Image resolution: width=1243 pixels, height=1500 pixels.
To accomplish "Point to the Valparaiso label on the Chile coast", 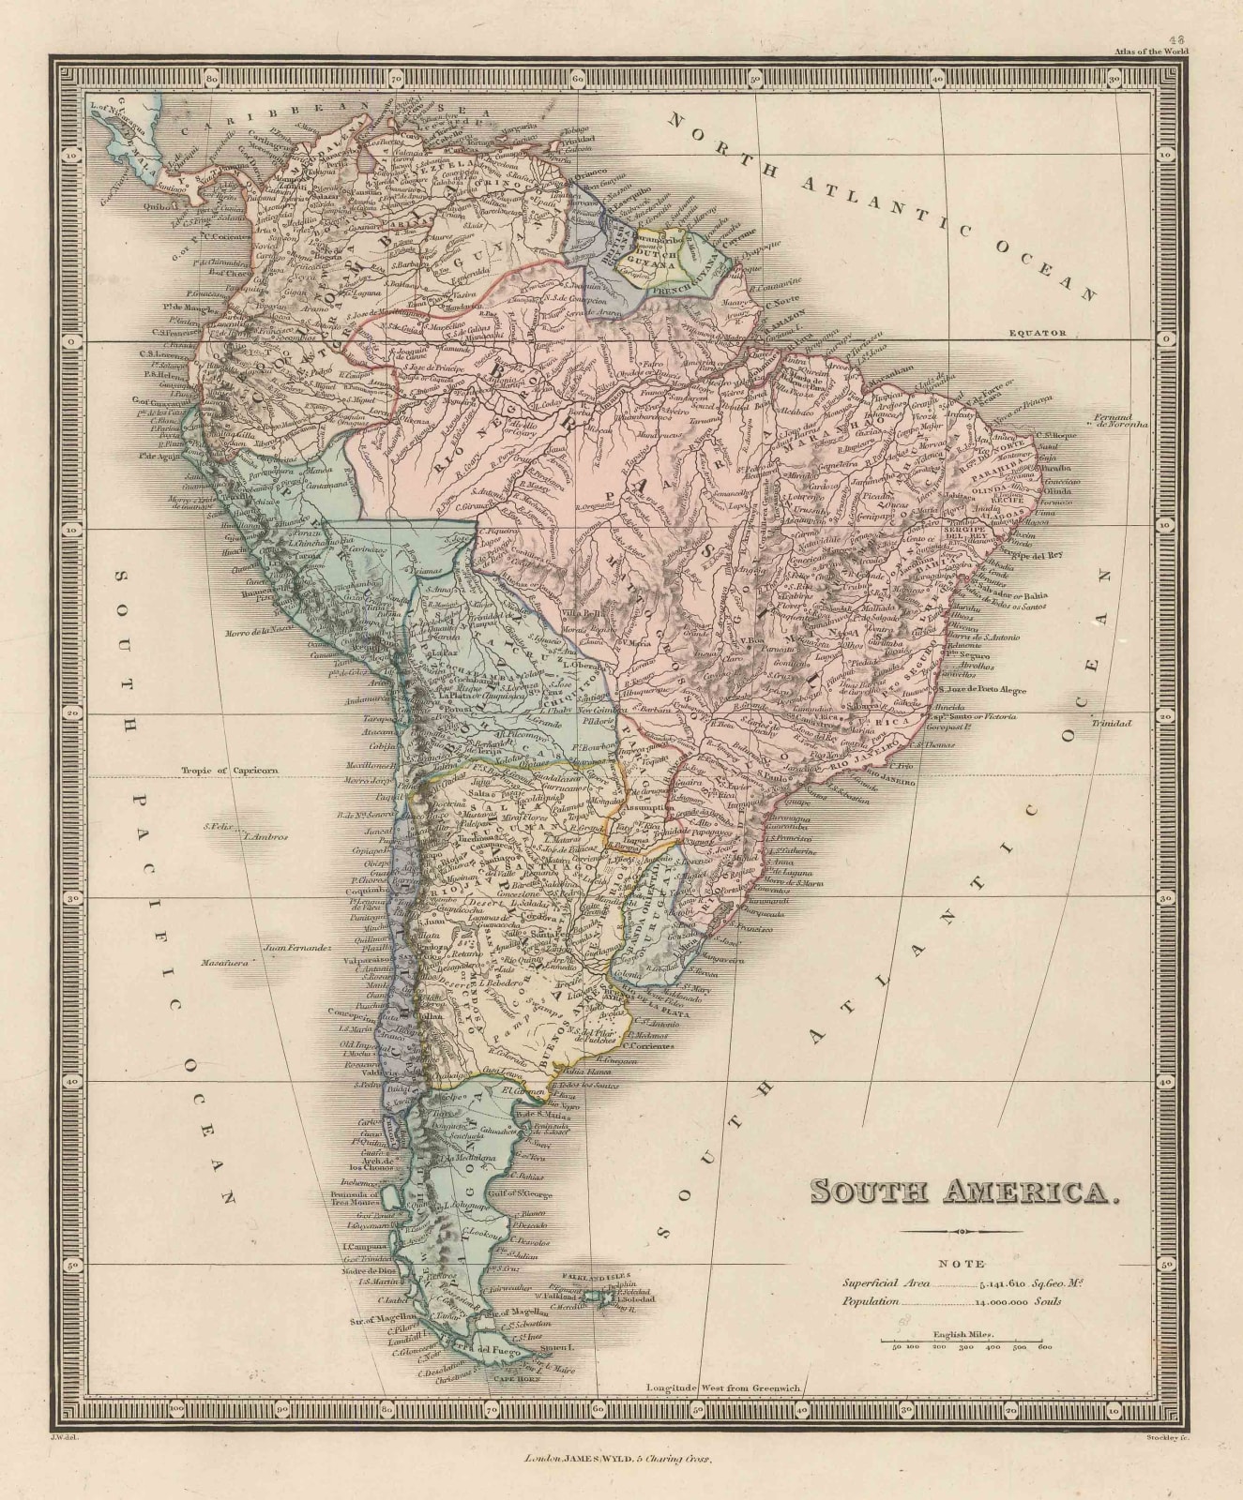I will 358,960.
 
